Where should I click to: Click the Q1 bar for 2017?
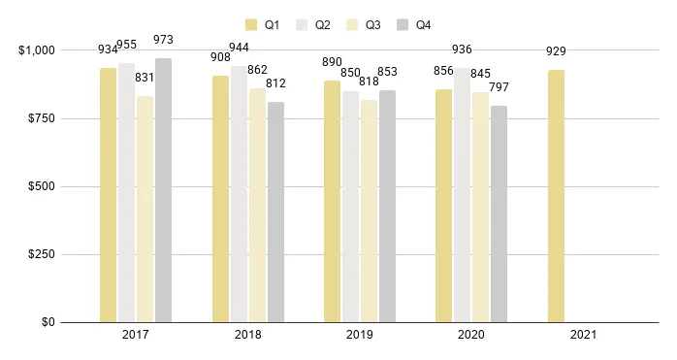(x=108, y=195)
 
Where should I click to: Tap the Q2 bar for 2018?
(x=239, y=194)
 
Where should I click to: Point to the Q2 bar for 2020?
(x=462, y=195)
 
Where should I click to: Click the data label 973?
(x=163, y=40)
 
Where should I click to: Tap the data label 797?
(x=499, y=88)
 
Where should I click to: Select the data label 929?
(x=556, y=51)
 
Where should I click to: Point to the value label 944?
(x=239, y=48)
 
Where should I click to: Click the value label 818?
(x=369, y=82)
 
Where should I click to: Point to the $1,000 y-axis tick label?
(x=36, y=50)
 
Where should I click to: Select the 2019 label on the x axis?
(x=360, y=335)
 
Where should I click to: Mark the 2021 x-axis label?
(x=584, y=335)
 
